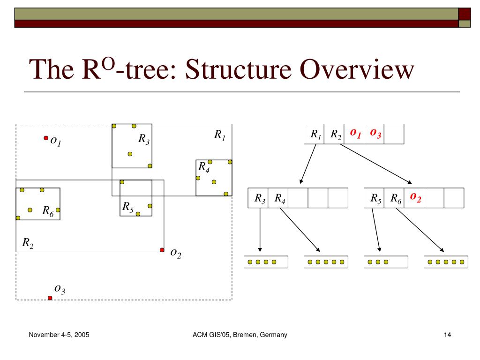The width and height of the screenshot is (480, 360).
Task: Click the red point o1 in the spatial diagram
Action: (x=46, y=138)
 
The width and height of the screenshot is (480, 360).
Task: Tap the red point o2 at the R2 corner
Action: (x=162, y=250)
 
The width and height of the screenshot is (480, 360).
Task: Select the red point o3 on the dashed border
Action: (x=50, y=298)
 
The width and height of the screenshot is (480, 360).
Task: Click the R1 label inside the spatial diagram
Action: (x=220, y=135)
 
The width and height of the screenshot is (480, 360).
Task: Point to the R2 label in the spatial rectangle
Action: (x=28, y=243)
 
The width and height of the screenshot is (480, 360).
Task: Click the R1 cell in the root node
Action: (x=314, y=134)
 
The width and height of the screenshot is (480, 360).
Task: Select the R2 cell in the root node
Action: (x=334, y=134)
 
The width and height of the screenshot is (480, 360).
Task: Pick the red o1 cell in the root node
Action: (x=354, y=134)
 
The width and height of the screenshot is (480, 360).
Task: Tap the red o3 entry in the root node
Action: (x=374, y=134)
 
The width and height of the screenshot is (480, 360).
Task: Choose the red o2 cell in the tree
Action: (x=414, y=198)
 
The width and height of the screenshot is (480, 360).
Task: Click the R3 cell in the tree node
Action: (x=258, y=198)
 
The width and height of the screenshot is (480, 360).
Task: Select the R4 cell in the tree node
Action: (x=278, y=198)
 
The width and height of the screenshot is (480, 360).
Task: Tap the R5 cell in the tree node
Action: (x=374, y=198)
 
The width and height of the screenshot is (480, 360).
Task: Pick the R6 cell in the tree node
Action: (x=394, y=198)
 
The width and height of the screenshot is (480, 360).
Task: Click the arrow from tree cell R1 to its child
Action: (x=308, y=164)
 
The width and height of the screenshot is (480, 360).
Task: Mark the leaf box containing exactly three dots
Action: (x=386, y=262)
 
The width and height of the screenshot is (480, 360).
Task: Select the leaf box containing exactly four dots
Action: (x=266, y=262)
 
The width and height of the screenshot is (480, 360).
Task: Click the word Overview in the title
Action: (x=357, y=69)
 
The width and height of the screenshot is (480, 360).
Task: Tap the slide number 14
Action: (x=447, y=335)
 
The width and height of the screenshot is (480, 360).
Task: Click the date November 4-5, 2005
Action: (x=59, y=335)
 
